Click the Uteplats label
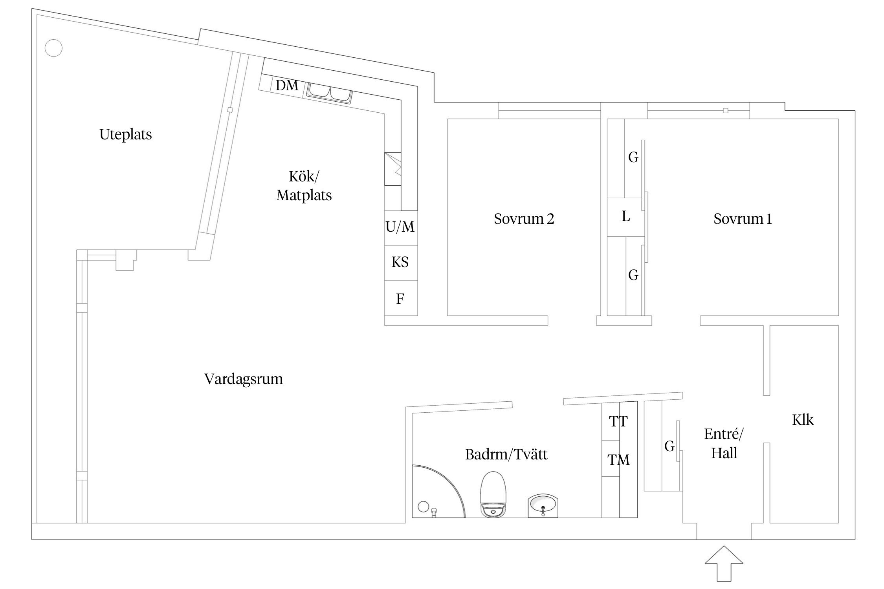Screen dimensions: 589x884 coord(125,134)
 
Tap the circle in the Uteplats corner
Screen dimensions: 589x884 coord(53,48)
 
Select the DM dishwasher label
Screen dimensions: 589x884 coord(287,85)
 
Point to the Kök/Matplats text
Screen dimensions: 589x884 coord(304,186)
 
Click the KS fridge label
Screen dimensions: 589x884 coord(400,262)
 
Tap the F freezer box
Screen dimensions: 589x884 coord(400,299)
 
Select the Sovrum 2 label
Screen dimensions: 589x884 coord(524,219)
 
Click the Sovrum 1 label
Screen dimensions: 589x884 coord(742,219)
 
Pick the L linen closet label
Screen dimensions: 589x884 coord(626,216)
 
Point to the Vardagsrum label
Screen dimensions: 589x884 coord(244,379)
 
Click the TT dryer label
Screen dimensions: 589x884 coord(618,421)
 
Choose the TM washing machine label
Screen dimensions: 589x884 coord(618,459)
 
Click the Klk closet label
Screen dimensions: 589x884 coord(802,420)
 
